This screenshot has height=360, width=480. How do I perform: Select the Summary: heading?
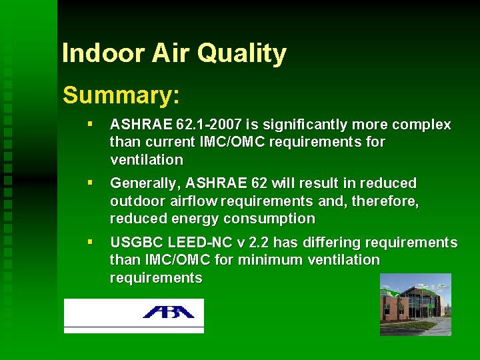click(x=121, y=95)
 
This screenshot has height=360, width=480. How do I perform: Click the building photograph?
click(x=415, y=304)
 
